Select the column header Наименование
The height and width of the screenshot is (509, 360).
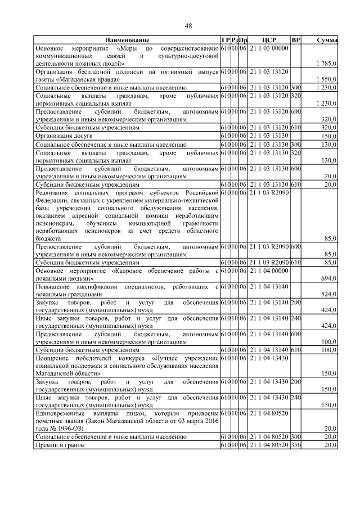(x=127, y=40)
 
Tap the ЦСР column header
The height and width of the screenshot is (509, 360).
(x=268, y=40)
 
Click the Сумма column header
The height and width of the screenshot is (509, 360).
(x=326, y=40)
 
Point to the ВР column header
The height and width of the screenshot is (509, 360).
(x=296, y=40)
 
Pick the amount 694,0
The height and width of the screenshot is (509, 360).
(x=328, y=278)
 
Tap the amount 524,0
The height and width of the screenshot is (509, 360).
(x=328, y=294)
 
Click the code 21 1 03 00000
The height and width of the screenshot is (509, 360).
(x=268, y=48)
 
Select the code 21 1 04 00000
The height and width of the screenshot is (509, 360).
(x=268, y=271)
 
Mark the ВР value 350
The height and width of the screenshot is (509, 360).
(x=296, y=445)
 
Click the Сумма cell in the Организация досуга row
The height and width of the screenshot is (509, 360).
(x=328, y=136)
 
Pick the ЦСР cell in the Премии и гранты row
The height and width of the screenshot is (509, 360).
(x=268, y=445)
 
